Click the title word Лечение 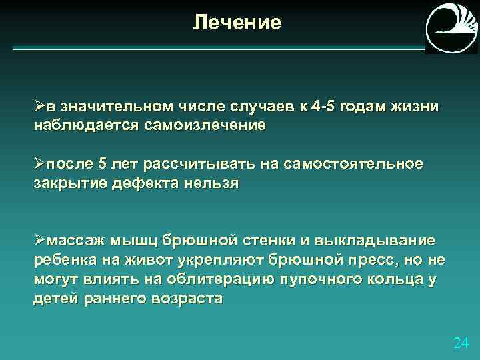pos(237,23)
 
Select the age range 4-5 pos(325,108)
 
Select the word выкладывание pos(384,240)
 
